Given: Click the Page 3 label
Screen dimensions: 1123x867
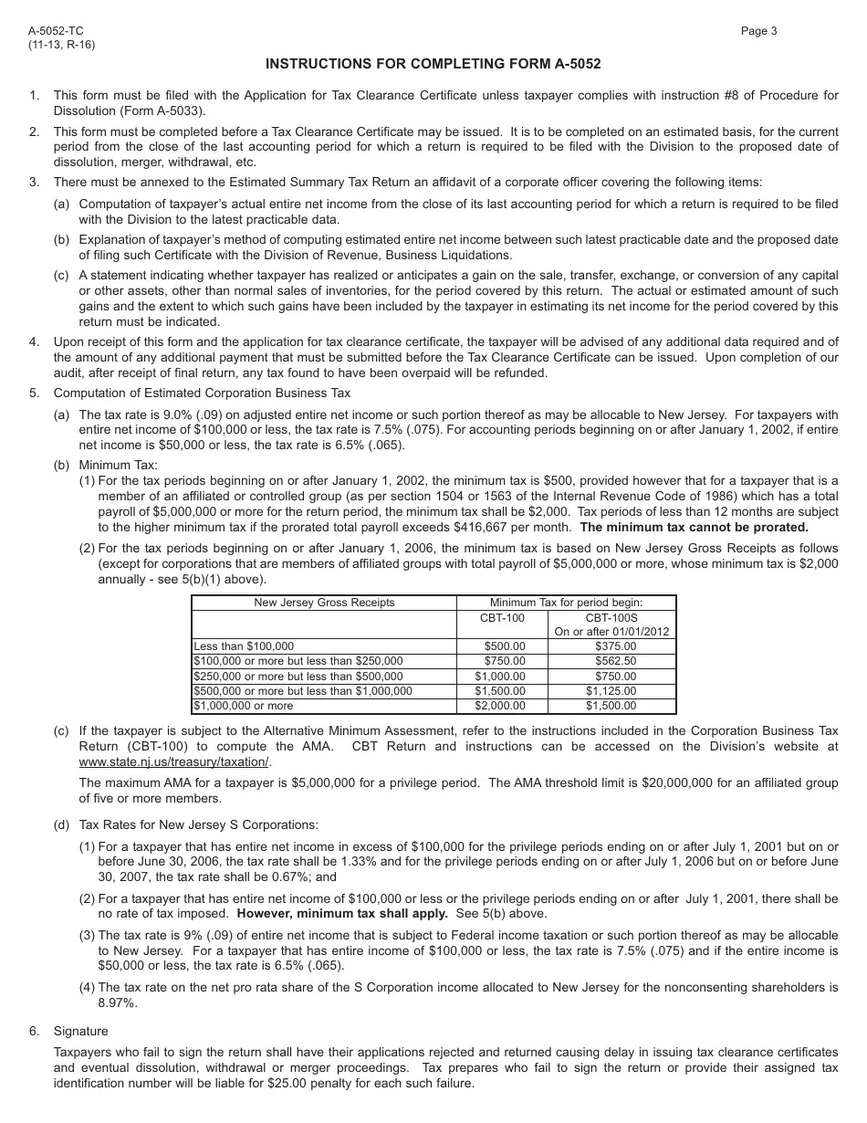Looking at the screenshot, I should coord(758,31).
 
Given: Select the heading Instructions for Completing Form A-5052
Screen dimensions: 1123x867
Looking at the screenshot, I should coord(433,64).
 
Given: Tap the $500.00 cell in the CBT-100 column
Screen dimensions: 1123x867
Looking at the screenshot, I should coord(502,646).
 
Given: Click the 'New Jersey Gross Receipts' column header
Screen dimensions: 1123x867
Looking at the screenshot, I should coord(324,603).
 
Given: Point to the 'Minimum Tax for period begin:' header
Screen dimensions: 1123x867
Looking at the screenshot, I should coord(566,603).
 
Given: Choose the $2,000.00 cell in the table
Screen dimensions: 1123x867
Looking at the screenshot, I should coord(502,706).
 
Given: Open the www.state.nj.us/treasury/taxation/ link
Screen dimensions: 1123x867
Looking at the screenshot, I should coord(174,761).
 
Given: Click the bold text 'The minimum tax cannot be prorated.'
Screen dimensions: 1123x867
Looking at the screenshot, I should coord(694,527).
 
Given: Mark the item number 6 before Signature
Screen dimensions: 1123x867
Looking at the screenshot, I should coord(33,1031).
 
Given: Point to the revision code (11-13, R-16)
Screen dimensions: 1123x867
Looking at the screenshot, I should coord(61,44).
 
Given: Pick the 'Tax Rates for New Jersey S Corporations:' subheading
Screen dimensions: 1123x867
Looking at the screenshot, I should coord(198,824).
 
